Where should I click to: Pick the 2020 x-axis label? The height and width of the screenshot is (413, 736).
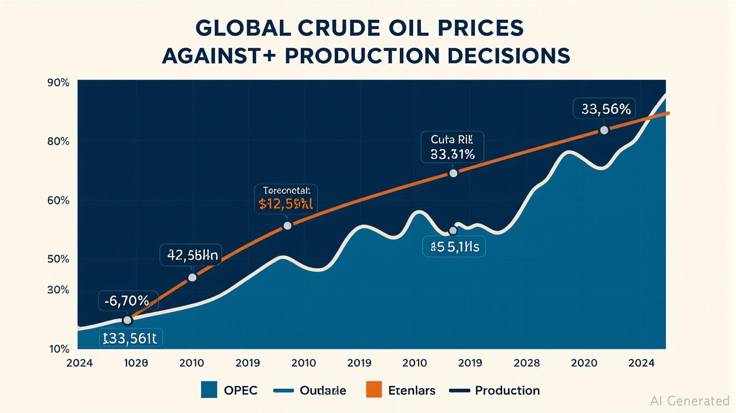point(584,363)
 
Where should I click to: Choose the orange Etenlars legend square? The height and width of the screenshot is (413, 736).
point(373,390)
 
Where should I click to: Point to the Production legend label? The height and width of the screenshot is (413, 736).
point(507,390)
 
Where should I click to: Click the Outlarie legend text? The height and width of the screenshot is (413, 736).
point(323,390)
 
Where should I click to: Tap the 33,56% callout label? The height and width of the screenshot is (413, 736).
point(605,109)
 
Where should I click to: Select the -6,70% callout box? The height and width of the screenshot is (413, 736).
point(128,301)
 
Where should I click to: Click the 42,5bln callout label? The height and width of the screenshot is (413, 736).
point(192,256)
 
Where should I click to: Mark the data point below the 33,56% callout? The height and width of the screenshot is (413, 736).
point(604,130)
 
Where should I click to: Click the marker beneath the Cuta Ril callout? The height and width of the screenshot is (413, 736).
point(453,173)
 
